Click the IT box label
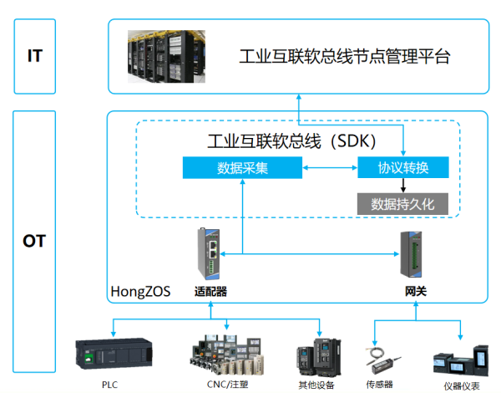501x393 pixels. click(x=34, y=57)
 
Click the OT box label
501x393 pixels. click(x=34, y=242)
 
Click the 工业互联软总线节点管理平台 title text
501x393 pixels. click(x=345, y=58)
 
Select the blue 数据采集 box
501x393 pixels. click(x=241, y=168)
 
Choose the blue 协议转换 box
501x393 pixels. click(x=403, y=168)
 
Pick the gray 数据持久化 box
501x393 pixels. click(x=403, y=203)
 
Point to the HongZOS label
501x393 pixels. click(x=140, y=292)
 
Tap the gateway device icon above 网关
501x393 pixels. click(x=410, y=253)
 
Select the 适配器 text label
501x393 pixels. click(x=210, y=292)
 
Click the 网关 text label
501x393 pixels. click(x=410, y=292)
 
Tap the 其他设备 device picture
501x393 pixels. click(x=318, y=355)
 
